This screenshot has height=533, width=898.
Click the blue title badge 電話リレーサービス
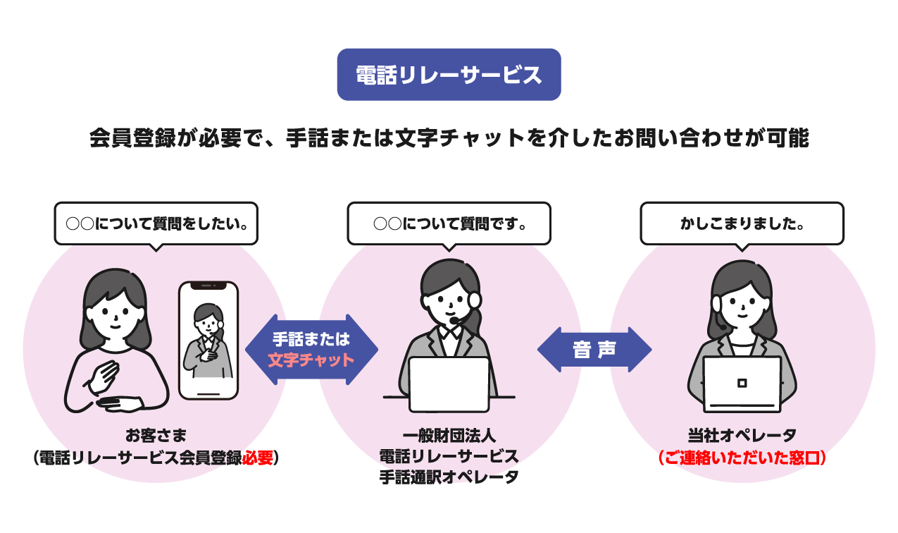click(449, 75)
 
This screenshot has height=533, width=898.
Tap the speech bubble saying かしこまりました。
click(742, 224)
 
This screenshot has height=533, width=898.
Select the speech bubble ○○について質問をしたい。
click(156, 224)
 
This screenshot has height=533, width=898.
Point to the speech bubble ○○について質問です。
click(449, 224)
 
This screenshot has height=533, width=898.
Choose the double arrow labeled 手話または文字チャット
click(311, 350)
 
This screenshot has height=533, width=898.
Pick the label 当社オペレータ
click(742, 435)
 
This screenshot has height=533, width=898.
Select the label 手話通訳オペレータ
click(449, 477)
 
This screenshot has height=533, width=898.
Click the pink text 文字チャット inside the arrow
click(311, 360)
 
